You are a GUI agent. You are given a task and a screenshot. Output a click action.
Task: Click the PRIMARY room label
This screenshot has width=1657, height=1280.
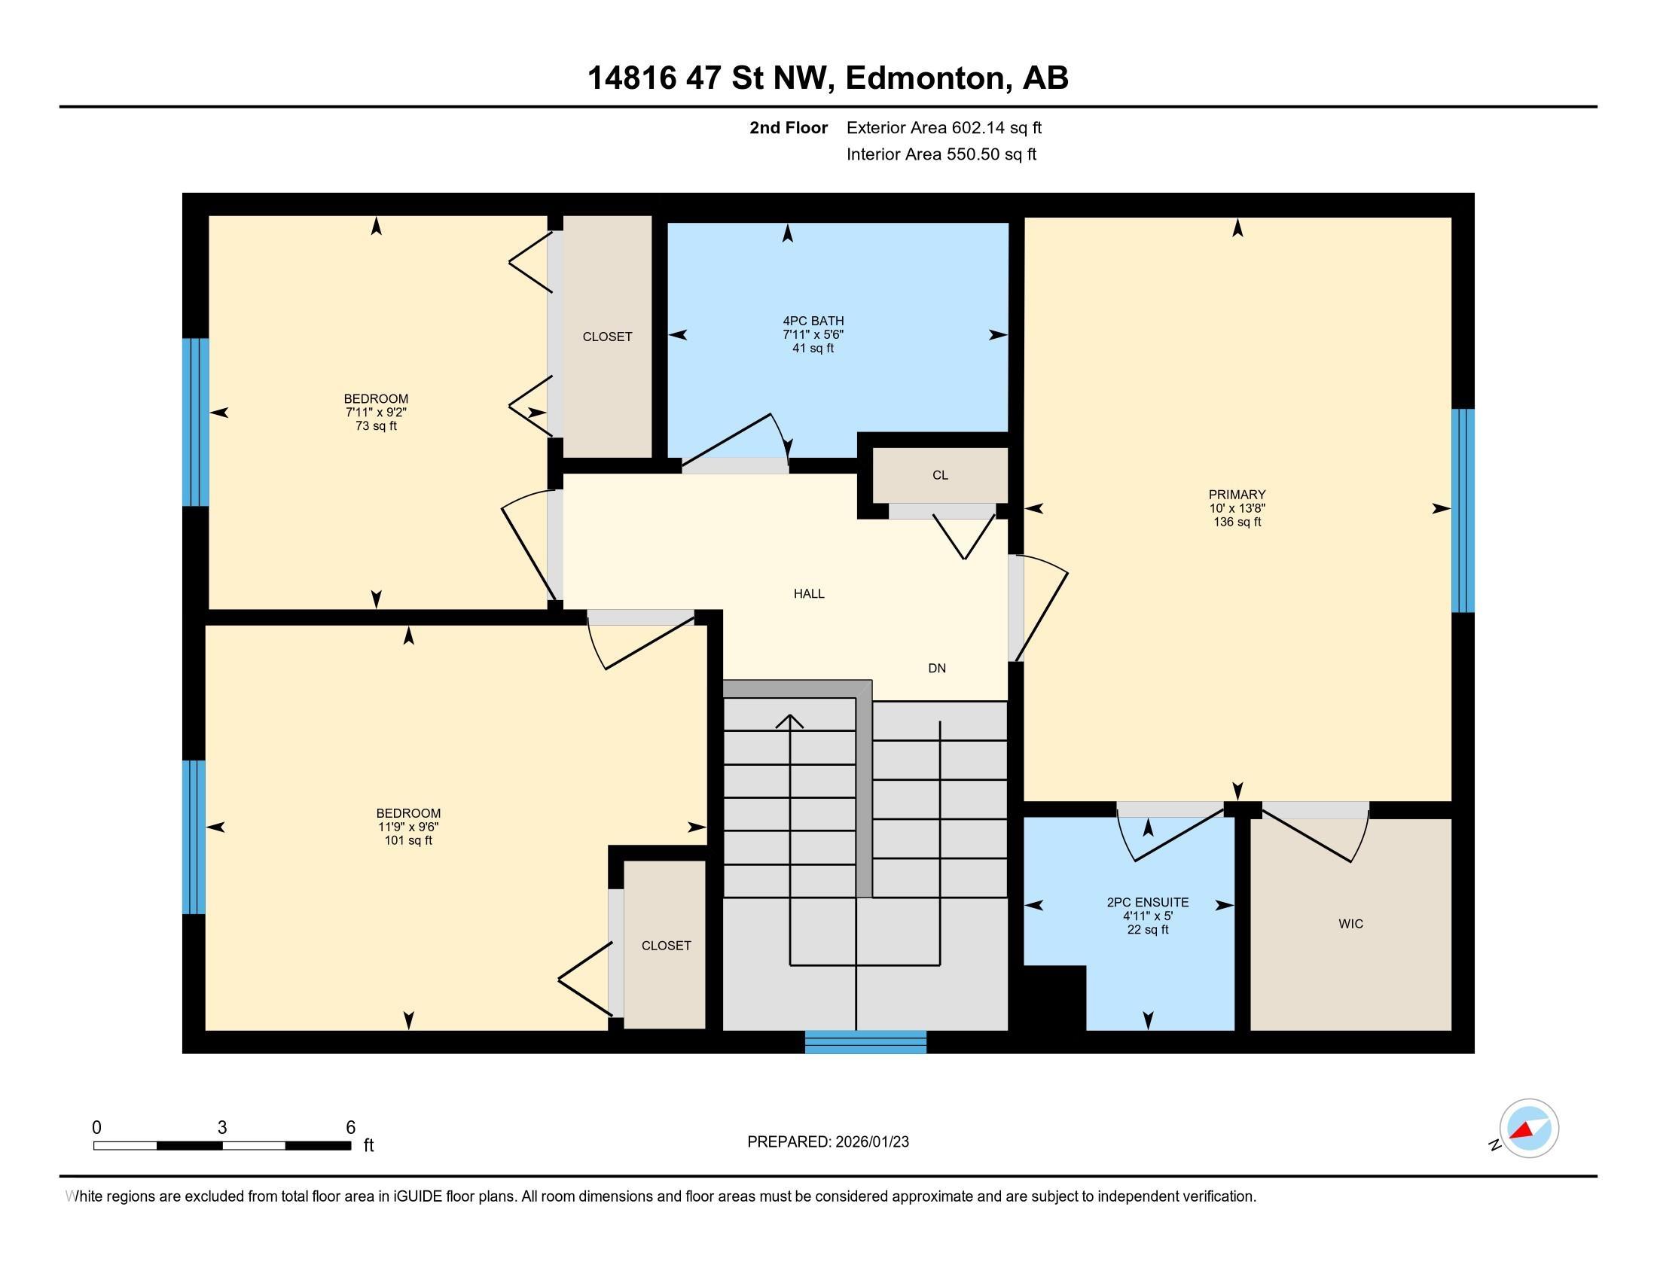tap(1237, 495)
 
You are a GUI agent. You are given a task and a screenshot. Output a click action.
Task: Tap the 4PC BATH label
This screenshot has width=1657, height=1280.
tap(813, 321)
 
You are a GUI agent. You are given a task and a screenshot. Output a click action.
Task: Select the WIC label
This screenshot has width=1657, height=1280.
tap(1350, 924)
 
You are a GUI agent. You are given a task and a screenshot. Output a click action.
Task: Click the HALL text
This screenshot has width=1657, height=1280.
tap(809, 594)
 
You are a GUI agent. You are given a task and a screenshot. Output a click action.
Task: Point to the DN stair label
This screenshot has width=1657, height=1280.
tap(937, 668)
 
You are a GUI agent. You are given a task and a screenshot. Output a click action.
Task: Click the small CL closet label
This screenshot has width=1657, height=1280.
tap(940, 475)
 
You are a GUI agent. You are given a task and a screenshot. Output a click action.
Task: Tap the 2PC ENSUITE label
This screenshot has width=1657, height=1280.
tap(1147, 902)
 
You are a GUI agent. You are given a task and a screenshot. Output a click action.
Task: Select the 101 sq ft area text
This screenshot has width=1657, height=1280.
tap(408, 840)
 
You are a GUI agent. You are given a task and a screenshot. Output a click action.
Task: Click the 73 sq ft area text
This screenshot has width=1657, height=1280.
tap(376, 426)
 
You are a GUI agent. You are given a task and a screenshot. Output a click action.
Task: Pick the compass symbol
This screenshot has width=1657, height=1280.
tap(1528, 1129)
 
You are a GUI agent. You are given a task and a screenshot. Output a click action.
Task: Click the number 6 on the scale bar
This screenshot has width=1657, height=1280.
tap(350, 1128)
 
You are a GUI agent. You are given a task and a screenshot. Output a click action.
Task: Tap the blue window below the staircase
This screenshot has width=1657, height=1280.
tap(865, 1042)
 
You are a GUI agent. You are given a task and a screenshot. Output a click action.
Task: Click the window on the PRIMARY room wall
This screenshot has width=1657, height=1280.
tap(1462, 510)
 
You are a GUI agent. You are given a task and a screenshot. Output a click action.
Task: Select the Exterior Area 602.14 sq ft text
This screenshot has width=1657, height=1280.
tap(944, 127)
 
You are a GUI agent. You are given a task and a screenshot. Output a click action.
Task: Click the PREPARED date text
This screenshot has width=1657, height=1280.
tap(828, 1142)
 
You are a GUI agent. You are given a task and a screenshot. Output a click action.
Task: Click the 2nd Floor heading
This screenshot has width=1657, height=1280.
tap(789, 127)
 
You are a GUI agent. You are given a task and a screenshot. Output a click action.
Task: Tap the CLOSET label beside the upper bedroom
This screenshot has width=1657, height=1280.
tap(607, 337)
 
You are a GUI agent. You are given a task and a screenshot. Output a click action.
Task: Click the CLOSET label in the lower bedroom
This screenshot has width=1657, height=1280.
tap(666, 946)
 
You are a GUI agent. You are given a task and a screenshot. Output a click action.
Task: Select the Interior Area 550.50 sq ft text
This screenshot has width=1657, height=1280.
tap(941, 154)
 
